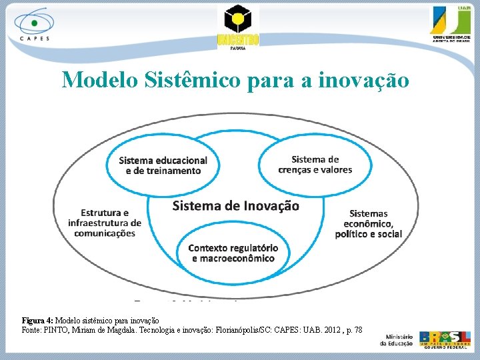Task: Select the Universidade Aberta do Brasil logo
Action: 452,25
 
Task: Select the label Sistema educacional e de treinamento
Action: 163,165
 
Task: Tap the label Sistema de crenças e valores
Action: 315,164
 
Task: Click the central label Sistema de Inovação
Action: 236,205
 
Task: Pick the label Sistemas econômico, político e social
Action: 369,223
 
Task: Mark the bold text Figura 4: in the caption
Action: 37,321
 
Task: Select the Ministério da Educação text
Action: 396,339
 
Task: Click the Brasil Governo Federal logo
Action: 447,339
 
